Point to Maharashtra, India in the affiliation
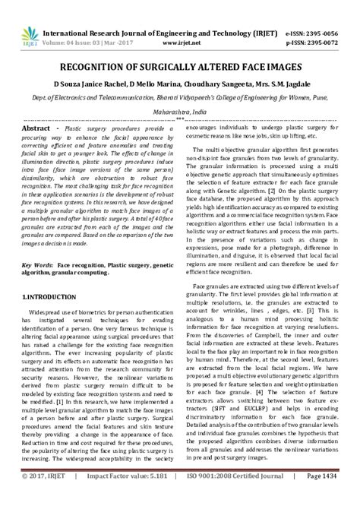click(180, 88)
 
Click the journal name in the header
click(159, 11)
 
